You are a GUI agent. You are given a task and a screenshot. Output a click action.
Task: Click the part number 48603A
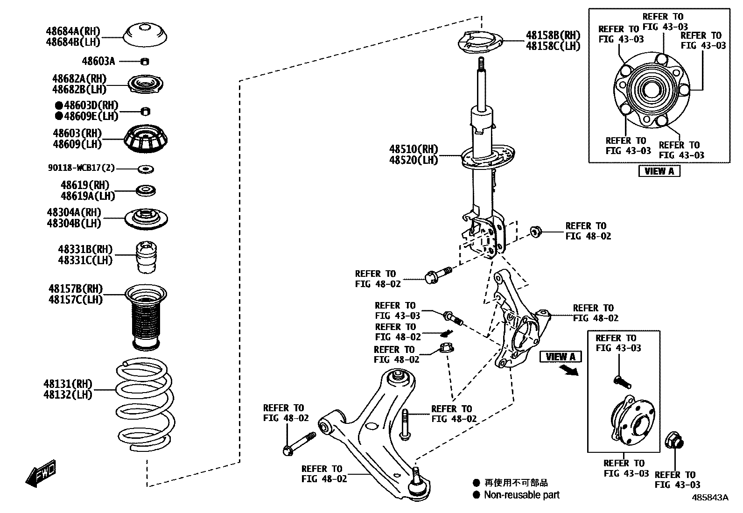[98, 61]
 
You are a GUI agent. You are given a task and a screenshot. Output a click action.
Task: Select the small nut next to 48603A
[145, 61]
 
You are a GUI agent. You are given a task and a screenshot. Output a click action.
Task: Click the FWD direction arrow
[41, 474]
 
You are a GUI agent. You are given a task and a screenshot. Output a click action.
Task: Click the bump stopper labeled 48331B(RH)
[146, 258]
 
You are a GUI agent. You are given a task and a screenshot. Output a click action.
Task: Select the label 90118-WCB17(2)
[81, 168]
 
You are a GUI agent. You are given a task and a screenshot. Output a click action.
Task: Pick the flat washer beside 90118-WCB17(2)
[146, 168]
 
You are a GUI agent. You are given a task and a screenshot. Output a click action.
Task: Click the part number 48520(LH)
[414, 160]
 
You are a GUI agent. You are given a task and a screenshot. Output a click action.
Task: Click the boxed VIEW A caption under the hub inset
[659, 171]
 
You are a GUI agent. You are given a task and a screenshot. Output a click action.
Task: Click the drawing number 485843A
[710, 498]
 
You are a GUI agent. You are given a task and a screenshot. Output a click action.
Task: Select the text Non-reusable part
[521, 495]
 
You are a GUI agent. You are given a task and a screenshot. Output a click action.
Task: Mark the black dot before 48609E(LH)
[59, 116]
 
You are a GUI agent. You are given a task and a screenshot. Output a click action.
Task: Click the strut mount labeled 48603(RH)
[146, 139]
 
